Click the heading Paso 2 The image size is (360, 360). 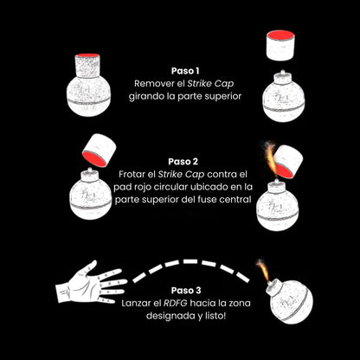coord(183,161)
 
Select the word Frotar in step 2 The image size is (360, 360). coord(132,174)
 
